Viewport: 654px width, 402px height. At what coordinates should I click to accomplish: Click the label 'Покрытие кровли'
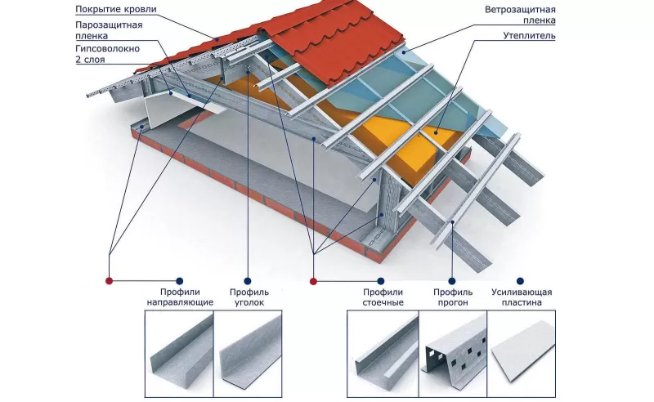(x=115, y=9)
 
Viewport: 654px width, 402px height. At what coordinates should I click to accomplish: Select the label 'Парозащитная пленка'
(x=109, y=30)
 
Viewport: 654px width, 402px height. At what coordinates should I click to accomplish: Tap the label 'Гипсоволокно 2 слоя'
(x=106, y=55)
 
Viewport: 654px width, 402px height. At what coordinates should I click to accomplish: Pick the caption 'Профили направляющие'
(x=180, y=297)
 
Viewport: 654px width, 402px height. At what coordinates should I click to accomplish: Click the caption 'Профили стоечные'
(x=383, y=297)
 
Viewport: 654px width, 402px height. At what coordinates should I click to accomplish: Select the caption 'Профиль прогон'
(x=453, y=297)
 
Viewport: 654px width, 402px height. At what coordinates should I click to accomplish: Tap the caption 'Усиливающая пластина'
(x=522, y=297)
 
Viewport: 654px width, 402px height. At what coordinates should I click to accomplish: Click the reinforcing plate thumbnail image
(x=523, y=350)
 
